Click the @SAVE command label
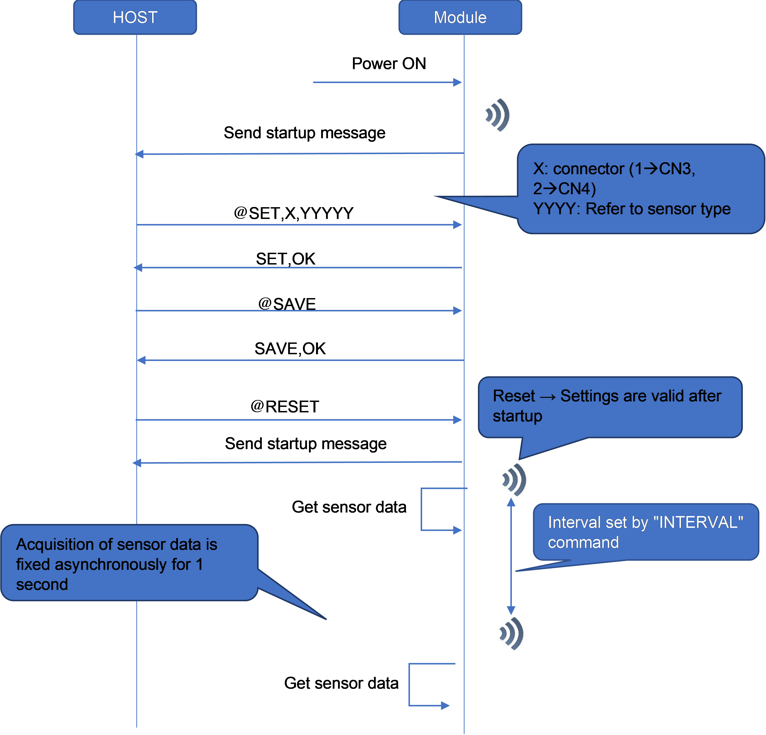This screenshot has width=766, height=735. coord(287,304)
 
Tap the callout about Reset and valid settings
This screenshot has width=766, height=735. coord(610,406)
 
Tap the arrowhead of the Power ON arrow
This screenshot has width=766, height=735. coord(457,82)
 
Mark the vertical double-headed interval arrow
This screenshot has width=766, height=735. coord(511,557)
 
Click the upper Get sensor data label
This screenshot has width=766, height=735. coord(349,507)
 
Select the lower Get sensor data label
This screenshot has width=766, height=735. coord(341,683)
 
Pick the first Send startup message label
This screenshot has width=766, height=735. coord(304,133)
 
